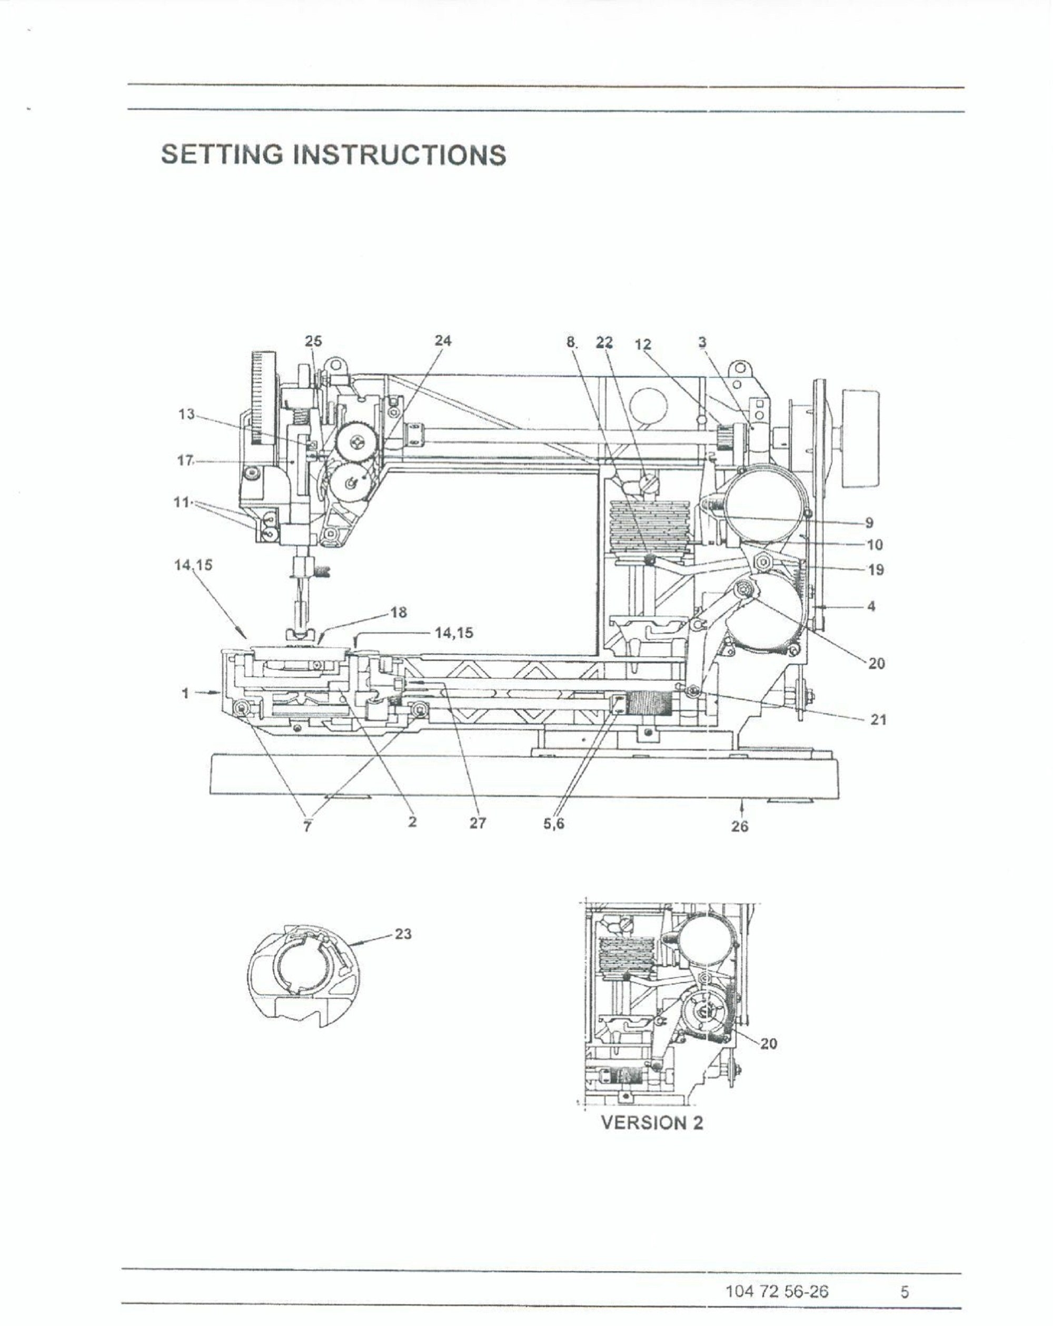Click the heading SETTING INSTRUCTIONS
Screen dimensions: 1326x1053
click(x=333, y=154)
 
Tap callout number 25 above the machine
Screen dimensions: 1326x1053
click(x=313, y=341)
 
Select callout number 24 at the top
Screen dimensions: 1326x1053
click(x=443, y=340)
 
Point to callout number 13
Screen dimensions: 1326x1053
click(x=186, y=414)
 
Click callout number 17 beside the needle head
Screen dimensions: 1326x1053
click(x=185, y=460)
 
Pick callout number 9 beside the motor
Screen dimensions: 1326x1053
click(x=869, y=522)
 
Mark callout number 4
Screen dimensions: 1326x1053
click(x=871, y=606)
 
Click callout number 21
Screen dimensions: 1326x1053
click(x=878, y=719)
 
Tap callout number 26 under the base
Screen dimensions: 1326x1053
click(x=740, y=826)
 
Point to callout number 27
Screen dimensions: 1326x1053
click(x=478, y=823)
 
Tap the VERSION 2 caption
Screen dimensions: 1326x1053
click(x=652, y=1123)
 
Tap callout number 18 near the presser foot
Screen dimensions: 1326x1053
click(x=399, y=612)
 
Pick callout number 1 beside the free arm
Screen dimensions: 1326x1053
click(x=185, y=693)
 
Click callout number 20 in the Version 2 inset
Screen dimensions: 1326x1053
click(x=768, y=1043)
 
